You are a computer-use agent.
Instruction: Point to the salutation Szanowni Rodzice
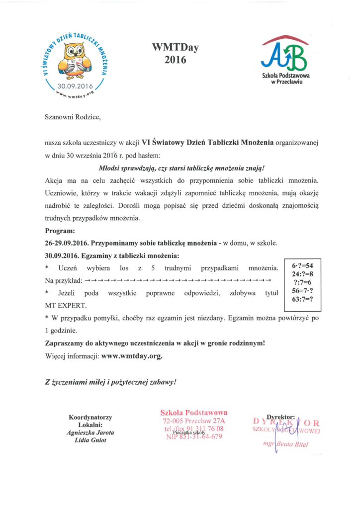73,117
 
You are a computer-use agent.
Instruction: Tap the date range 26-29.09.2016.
67,244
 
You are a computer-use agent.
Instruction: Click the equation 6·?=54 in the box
302,265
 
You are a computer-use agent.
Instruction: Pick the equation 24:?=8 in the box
302,273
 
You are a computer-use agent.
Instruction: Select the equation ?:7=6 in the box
303,282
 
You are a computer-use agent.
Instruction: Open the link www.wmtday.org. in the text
132,356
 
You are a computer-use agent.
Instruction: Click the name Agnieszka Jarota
90,432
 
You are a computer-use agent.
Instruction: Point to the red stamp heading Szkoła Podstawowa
194,412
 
